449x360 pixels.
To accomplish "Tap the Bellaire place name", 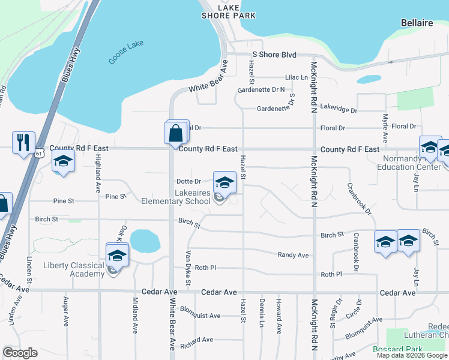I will (417, 23).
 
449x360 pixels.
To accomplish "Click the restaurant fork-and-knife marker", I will (23, 142).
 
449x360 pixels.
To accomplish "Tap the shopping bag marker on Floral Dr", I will (175, 133).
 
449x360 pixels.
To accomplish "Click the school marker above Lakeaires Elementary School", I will (224, 182).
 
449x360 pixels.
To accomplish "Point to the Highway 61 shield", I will (38, 153).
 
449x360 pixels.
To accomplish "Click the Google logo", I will (20, 353).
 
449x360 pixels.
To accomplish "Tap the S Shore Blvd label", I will (274, 55).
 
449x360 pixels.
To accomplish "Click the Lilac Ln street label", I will (297, 77).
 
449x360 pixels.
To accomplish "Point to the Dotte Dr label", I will (188, 181).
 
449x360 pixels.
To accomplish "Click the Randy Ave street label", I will (293, 255).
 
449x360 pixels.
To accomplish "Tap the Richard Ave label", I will (196, 340).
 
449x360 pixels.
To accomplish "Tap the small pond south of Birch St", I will (145, 241).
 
